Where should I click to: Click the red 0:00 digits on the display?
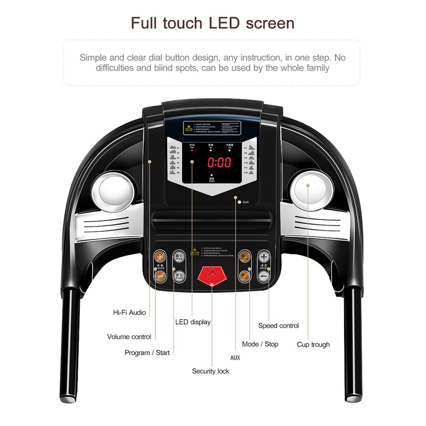click(219, 162)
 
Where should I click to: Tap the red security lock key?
click(211, 276)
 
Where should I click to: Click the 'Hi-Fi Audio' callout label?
click(129, 312)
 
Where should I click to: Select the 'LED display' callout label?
click(193, 322)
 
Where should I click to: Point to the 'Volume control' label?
click(129, 337)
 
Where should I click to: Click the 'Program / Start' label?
click(147, 353)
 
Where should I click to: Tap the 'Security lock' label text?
click(211, 371)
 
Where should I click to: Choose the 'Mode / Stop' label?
click(260, 344)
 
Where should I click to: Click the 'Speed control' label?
click(278, 326)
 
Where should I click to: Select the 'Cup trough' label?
click(313, 345)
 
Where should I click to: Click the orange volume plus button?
click(160, 257)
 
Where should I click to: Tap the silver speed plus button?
click(263, 257)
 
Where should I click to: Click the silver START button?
click(179, 275)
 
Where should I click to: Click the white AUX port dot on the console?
click(239, 202)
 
